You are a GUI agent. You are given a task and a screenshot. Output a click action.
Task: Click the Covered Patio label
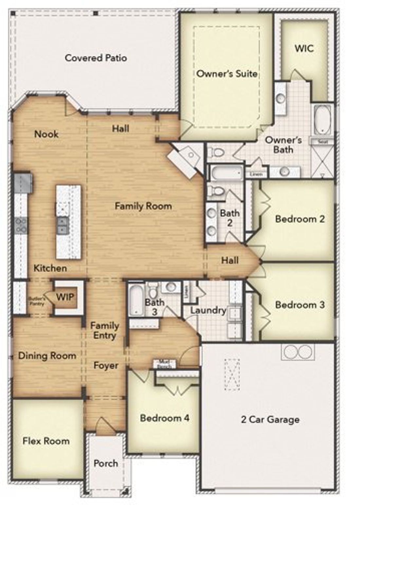coord(96,58)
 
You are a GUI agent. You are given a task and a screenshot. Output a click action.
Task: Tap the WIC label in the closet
coord(304,48)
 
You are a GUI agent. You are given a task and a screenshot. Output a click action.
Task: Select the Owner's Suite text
coord(227,74)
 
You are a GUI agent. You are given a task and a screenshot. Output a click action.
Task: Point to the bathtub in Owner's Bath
coord(322,119)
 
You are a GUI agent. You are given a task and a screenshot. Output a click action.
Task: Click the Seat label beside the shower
coord(322,142)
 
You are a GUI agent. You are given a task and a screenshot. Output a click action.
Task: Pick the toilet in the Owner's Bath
coord(217,152)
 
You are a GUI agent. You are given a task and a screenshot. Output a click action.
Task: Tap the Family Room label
coord(143,206)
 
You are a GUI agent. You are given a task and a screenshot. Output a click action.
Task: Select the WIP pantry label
coord(65,297)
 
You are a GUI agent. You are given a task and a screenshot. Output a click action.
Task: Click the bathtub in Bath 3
coord(135,300)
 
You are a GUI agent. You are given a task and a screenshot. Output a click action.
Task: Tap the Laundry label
coord(208,310)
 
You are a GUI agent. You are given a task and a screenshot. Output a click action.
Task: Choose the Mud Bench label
coord(164,364)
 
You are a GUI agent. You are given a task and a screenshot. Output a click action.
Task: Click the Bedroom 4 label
coord(165,418)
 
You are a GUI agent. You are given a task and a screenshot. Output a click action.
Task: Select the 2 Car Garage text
coord(270,419)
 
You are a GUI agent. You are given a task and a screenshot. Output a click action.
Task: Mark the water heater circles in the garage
coord(298,352)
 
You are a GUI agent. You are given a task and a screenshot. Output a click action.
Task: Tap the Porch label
coord(105,463)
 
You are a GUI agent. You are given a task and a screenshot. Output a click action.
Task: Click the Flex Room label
coord(46,441)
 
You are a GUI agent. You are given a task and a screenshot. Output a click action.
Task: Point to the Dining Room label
coord(47,356)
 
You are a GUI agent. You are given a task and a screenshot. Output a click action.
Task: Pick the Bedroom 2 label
coord(300,219)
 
